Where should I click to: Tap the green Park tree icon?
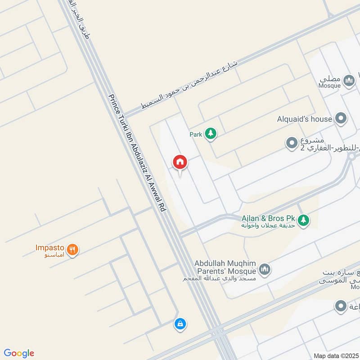point(210,133)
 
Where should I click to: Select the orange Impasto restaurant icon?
point(72,249)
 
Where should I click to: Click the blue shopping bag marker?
point(180,324)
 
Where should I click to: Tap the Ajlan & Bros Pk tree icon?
point(305,219)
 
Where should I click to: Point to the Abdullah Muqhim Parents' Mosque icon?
point(265,269)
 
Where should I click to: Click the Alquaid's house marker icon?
point(342,119)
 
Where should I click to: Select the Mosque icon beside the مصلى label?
point(349,81)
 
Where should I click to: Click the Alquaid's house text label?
point(305,119)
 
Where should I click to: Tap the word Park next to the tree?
point(196,134)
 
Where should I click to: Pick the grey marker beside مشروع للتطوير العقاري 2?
point(292,144)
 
